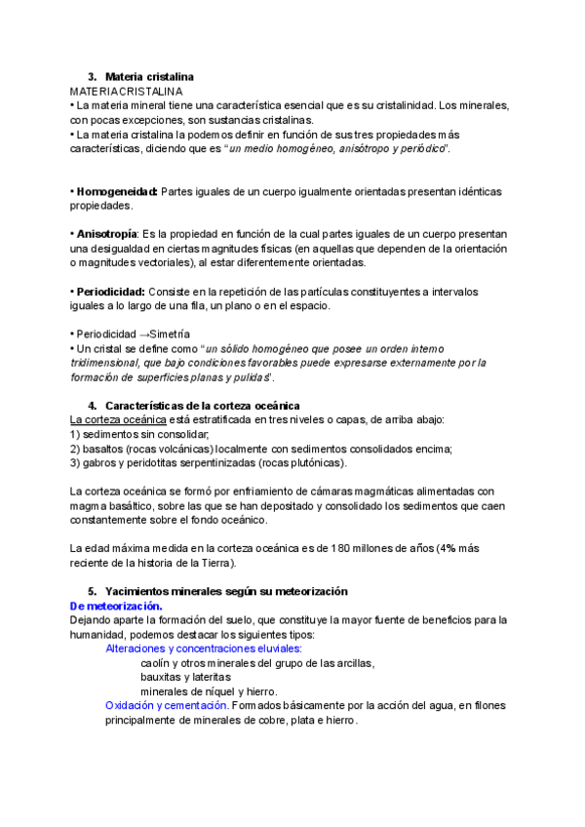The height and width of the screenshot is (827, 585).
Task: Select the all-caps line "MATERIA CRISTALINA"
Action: tap(126, 91)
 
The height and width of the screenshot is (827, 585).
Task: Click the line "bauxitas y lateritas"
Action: tap(185, 677)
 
